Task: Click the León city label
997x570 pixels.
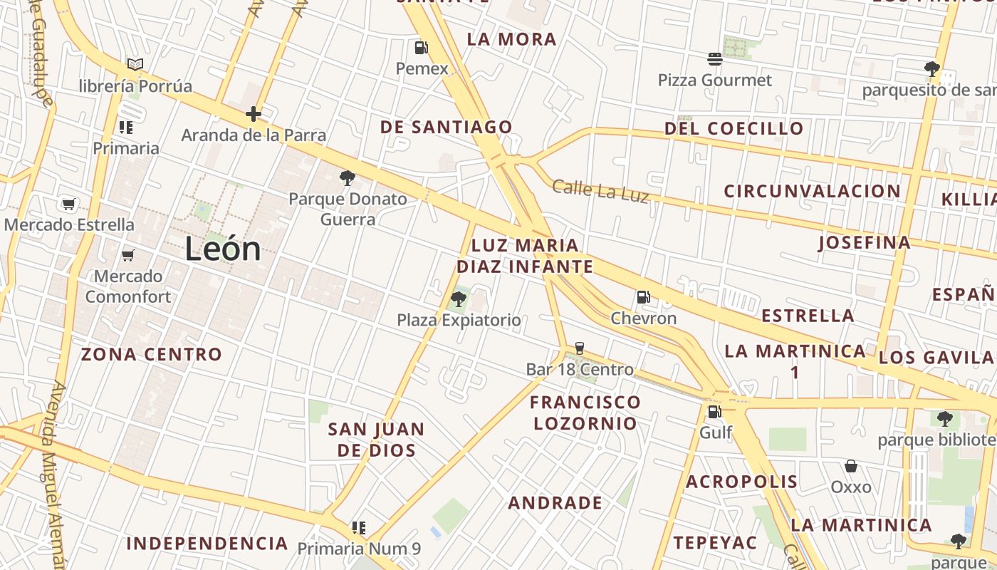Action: coord(223,249)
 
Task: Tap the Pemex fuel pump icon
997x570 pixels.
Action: coord(422,48)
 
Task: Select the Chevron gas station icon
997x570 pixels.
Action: coord(643,297)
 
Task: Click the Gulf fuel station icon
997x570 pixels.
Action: coord(714,411)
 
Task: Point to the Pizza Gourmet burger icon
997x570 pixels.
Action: coord(715,58)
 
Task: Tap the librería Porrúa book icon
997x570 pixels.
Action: coord(135,64)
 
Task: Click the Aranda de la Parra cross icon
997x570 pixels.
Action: coord(254,113)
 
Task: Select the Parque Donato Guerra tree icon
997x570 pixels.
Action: coord(348,177)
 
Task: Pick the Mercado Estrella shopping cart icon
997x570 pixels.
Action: coord(68,204)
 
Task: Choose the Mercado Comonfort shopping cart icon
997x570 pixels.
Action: coord(128,255)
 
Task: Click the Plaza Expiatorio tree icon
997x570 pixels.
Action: coord(459,299)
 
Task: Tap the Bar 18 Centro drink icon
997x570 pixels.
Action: coord(579,348)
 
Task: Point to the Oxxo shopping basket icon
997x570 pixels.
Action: coord(851,467)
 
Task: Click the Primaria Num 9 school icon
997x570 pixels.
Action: coord(359,528)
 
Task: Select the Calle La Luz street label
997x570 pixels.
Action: coord(600,191)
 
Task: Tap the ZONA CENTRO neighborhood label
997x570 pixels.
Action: coord(152,354)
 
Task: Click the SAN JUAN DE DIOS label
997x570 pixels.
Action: coord(376,440)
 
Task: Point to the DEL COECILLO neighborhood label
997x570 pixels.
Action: coord(734,129)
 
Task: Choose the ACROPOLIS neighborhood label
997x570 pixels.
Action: coord(741,482)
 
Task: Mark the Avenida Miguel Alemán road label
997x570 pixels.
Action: coord(57,470)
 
